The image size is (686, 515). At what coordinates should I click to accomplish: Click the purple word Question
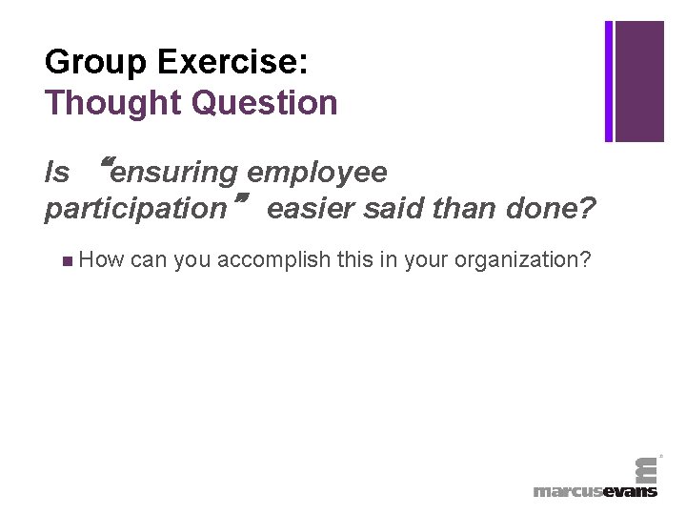click(x=264, y=102)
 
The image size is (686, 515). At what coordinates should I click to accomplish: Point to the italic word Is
click(x=57, y=172)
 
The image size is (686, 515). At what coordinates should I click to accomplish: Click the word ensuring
click(x=173, y=173)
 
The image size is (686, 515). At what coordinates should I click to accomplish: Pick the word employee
click(x=316, y=172)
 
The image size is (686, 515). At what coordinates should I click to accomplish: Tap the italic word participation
click(x=132, y=209)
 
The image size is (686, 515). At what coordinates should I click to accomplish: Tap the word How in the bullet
click(x=101, y=259)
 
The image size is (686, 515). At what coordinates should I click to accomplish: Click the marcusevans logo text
click(x=595, y=491)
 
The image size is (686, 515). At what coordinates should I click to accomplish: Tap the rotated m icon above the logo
click(x=645, y=467)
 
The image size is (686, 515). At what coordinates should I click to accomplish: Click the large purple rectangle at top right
click(x=639, y=81)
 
